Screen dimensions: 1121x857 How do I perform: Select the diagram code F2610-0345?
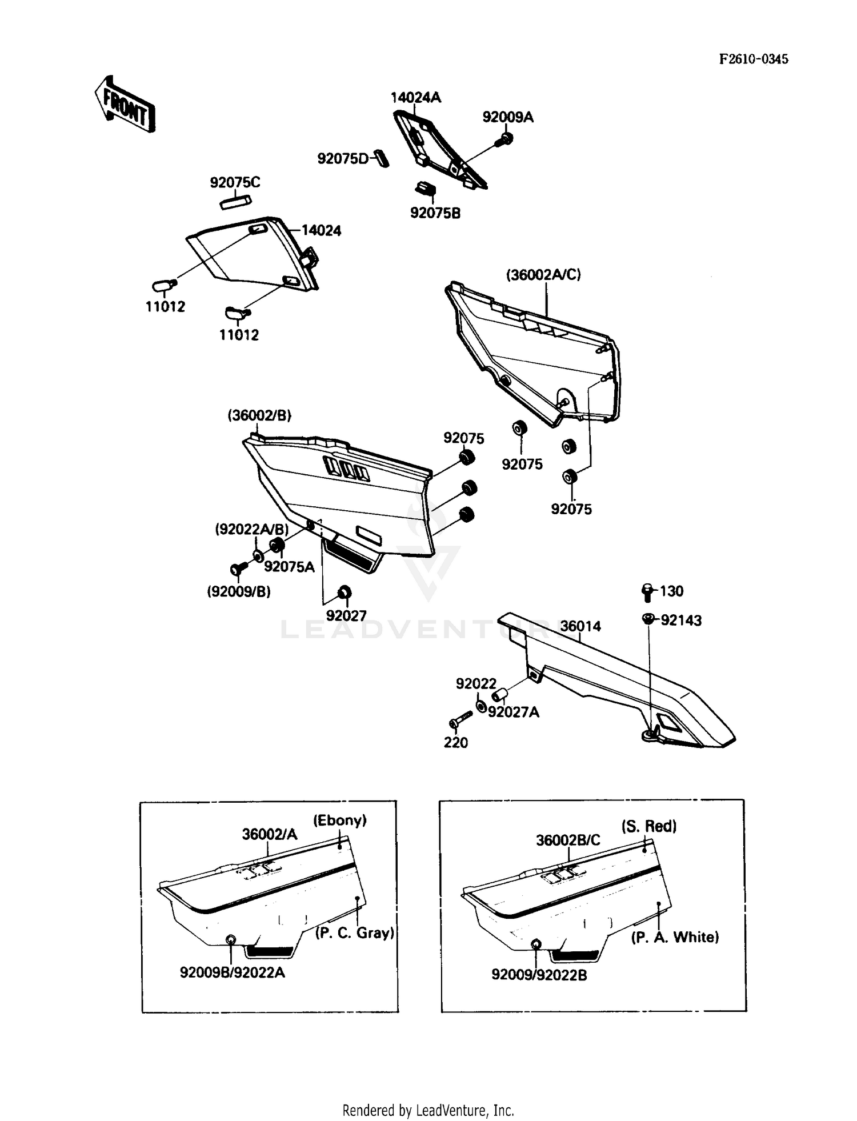(x=753, y=59)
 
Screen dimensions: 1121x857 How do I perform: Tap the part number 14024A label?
(x=415, y=98)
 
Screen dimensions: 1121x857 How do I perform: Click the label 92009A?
(x=507, y=117)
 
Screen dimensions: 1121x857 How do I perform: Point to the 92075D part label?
(x=343, y=159)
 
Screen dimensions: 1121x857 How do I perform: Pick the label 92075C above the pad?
(x=235, y=183)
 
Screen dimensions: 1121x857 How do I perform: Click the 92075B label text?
(x=435, y=213)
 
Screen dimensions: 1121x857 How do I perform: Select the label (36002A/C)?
(x=543, y=275)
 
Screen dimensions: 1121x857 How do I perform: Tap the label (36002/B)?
(x=259, y=415)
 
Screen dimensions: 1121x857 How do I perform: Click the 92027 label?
(x=346, y=615)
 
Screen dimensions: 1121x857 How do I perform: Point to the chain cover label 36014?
(x=580, y=626)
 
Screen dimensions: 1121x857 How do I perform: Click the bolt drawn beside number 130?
(x=647, y=592)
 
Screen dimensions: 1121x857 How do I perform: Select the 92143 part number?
(x=680, y=620)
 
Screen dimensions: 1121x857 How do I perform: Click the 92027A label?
(x=513, y=712)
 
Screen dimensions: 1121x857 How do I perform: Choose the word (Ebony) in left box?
(x=339, y=820)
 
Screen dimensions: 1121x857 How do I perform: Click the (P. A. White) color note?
(x=675, y=937)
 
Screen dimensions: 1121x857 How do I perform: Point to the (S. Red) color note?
(x=648, y=826)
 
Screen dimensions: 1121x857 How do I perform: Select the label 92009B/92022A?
(x=232, y=972)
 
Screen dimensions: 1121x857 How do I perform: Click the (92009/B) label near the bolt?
(x=239, y=592)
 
